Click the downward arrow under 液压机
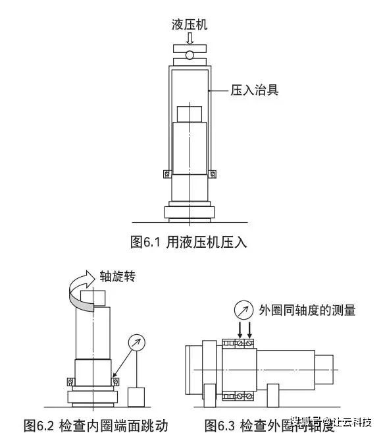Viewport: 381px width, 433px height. coord(190,39)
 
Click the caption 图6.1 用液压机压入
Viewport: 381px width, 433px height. coord(189,242)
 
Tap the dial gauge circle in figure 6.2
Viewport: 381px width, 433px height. coord(137,342)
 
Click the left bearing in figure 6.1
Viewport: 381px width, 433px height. coord(166,174)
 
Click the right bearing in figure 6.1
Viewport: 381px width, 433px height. coord(213,174)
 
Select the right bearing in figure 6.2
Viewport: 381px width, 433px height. coord(116,381)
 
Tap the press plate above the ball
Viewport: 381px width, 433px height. coord(190,48)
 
